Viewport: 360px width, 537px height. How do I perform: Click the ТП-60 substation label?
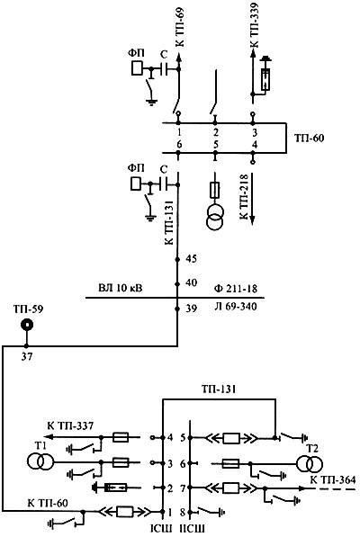tap(309, 139)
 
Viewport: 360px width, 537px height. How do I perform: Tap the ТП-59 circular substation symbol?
tap(26, 325)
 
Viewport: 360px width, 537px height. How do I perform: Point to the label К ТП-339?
tap(255, 24)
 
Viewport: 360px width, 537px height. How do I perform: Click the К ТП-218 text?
tap(244, 197)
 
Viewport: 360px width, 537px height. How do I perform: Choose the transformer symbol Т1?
tap(40, 461)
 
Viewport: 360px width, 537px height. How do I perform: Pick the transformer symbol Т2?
tap(310, 464)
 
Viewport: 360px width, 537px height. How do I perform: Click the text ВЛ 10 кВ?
tap(121, 288)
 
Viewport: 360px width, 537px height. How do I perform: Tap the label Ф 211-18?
tap(235, 289)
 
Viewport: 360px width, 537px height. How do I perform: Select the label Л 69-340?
tap(235, 306)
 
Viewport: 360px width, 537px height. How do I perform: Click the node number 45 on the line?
tap(191, 258)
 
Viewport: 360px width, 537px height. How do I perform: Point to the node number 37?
tap(26, 357)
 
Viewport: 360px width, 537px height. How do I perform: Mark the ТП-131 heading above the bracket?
tap(219, 389)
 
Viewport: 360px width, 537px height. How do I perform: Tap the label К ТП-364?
tap(333, 479)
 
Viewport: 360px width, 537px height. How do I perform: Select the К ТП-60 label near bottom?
tap(48, 503)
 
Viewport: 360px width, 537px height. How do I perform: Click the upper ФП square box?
tap(137, 68)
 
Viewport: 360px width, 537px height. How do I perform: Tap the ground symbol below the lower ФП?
tap(149, 218)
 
